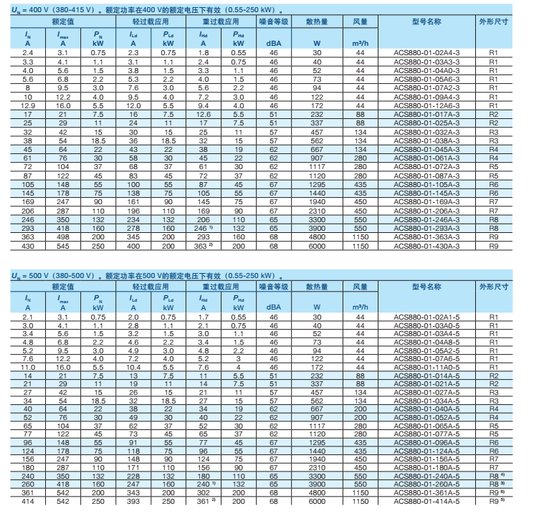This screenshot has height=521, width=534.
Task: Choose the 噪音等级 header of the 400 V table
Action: (273, 23)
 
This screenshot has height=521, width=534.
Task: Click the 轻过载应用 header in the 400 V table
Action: (151, 23)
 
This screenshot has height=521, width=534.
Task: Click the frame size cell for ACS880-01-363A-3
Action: (493, 236)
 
